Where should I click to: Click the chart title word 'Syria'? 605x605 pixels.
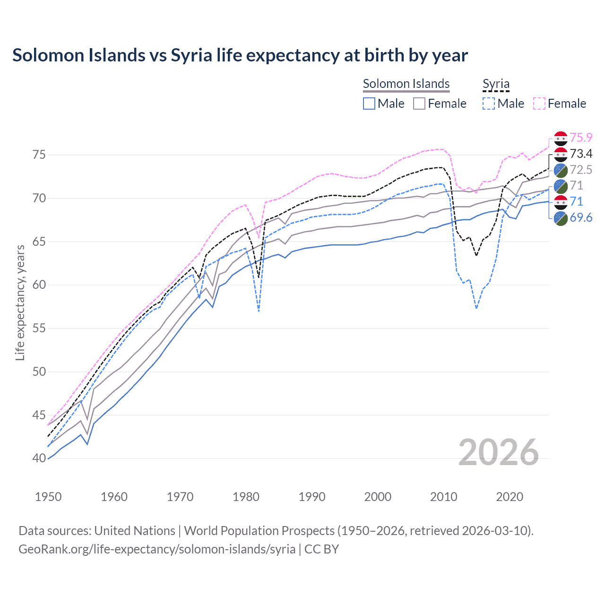[x=191, y=55]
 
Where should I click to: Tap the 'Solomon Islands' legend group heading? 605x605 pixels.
[x=406, y=84]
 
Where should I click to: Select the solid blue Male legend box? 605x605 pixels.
[x=369, y=104]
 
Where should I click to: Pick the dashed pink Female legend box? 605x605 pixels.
[x=539, y=104]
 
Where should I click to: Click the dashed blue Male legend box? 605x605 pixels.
[x=489, y=104]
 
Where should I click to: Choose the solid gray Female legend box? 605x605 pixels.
[x=419, y=104]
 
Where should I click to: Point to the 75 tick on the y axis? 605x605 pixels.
[x=39, y=155]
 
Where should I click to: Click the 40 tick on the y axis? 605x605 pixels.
[x=39, y=458]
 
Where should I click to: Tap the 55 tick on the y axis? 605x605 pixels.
[x=39, y=328]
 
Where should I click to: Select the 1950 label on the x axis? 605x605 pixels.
[x=48, y=497]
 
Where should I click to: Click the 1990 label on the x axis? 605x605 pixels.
[x=312, y=497]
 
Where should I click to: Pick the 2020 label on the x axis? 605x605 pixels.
[x=510, y=497]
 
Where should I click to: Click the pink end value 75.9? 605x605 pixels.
[x=581, y=138]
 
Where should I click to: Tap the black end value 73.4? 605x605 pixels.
[x=581, y=154]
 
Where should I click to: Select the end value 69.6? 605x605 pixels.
[x=581, y=217]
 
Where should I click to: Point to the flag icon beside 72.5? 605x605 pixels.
[x=561, y=170]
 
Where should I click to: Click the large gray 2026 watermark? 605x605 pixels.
[x=499, y=452]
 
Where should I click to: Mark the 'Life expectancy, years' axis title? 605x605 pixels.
[x=20, y=302]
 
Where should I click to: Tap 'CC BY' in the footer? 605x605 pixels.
[x=321, y=549]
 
